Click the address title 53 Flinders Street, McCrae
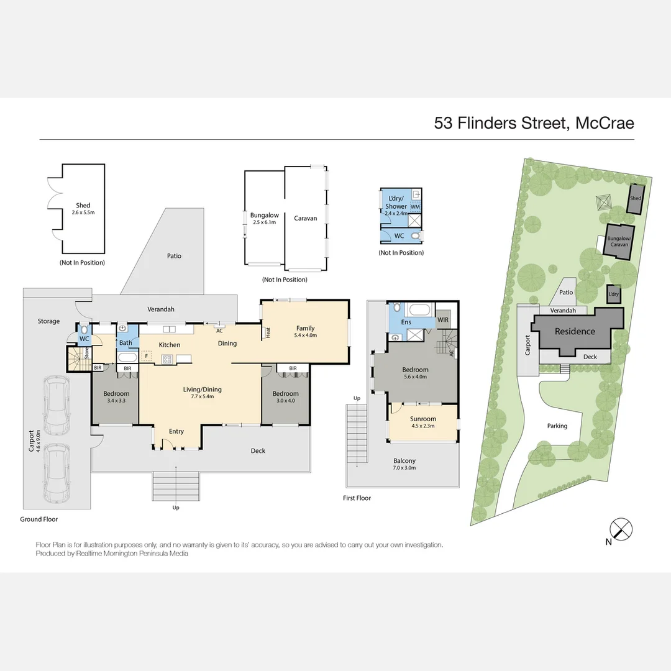click(x=534, y=122)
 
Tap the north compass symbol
click(x=621, y=530)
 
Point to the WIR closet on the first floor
click(x=443, y=320)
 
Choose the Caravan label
click(x=305, y=218)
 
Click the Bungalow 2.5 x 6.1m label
click(x=264, y=218)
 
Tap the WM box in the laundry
click(x=415, y=206)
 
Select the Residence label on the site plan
click(x=575, y=331)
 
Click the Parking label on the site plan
click(x=557, y=426)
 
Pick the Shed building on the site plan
click(x=635, y=199)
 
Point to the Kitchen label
click(x=170, y=345)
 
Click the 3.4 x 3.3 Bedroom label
click(x=116, y=397)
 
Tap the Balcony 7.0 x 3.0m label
click(x=404, y=463)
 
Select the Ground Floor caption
click(x=39, y=519)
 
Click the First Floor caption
click(x=357, y=498)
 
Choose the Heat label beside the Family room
click(x=268, y=332)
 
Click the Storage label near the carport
click(x=48, y=321)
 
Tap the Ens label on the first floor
click(x=406, y=322)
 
